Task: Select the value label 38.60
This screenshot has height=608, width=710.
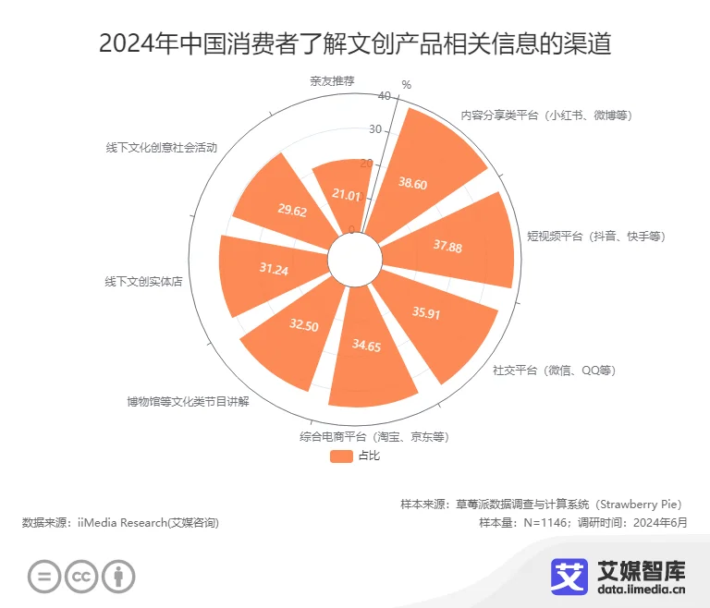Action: (412, 184)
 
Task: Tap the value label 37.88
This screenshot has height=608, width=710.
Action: (447, 246)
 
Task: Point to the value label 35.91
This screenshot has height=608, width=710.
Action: (426, 313)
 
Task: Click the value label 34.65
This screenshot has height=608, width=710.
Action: (367, 345)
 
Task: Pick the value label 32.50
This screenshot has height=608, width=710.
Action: (303, 325)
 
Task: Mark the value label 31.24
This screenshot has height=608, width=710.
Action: (274, 269)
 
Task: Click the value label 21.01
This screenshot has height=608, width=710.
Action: (347, 195)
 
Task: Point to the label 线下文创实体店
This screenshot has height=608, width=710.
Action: (143, 281)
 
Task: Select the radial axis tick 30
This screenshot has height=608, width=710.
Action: (374, 129)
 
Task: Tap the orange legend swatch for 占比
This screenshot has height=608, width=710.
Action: (341, 456)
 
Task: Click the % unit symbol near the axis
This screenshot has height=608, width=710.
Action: (406, 85)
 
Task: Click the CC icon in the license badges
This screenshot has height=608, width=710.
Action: (80, 578)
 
